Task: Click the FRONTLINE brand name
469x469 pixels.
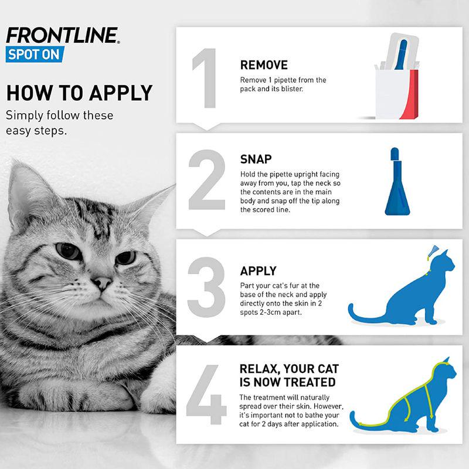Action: [x=62, y=35]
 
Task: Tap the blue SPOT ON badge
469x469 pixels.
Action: [x=33, y=55]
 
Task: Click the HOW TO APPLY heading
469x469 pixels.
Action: [x=79, y=93]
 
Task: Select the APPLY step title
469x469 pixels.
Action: [x=258, y=271]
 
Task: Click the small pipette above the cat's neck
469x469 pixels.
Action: [x=433, y=252]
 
